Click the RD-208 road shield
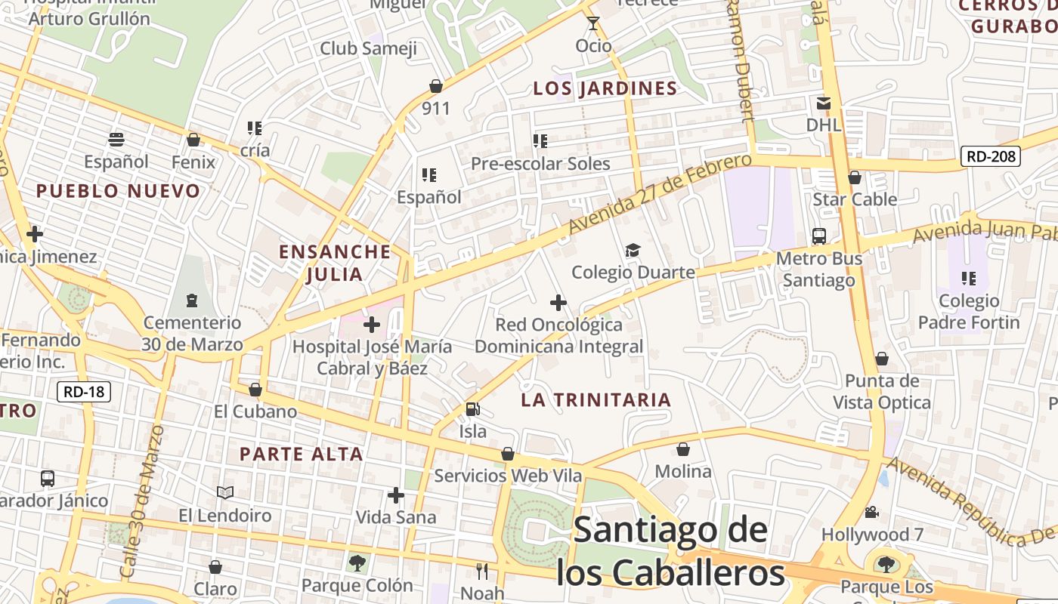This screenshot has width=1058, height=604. click(990, 157)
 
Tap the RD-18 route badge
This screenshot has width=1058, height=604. click(84, 392)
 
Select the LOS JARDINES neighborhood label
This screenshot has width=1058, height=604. click(605, 88)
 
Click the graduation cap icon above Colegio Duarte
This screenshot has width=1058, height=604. click(632, 251)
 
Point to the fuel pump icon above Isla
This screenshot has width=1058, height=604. click(473, 409)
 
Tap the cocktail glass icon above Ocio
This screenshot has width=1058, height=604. click(593, 24)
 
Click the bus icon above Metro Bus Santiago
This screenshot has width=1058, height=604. click(819, 236)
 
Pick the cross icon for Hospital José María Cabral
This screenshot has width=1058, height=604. click(372, 325)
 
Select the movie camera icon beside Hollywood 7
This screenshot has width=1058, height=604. click(872, 513)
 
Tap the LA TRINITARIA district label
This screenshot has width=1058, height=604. click(596, 400)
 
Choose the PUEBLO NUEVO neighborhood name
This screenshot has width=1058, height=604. click(118, 191)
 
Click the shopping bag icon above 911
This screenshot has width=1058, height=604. click(436, 86)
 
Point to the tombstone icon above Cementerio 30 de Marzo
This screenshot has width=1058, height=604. click(192, 300)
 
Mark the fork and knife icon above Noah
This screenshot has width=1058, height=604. click(482, 571)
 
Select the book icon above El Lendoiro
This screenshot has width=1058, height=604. click(224, 493)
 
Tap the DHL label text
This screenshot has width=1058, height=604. click(824, 125)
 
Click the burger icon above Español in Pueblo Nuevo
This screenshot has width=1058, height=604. click(116, 140)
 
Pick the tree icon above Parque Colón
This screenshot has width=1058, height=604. click(357, 562)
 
